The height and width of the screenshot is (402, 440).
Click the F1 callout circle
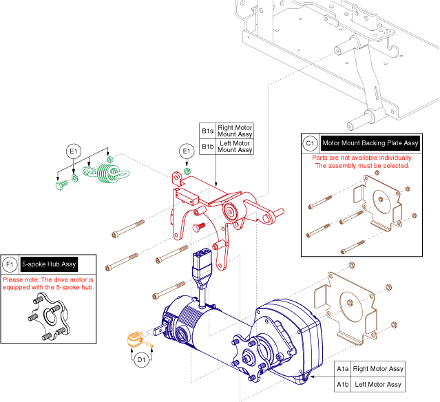point(10,264)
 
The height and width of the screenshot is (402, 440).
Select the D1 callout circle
point(141,359)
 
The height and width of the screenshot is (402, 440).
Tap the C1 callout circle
point(310,143)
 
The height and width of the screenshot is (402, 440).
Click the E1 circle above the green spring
point(74,151)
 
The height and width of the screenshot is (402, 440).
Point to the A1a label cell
point(343,369)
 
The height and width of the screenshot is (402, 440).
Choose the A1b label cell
point(343,384)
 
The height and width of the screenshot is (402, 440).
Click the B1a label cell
point(208,131)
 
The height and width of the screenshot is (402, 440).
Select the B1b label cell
point(208,147)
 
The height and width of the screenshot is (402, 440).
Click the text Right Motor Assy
point(378,369)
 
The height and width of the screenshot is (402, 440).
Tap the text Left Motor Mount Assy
point(235,147)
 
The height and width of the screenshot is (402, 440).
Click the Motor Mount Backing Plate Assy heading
point(370,143)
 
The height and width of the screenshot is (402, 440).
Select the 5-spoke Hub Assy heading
point(49,264)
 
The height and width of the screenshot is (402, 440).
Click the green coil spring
point(107,173)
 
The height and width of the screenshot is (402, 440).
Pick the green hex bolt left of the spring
point(61,185)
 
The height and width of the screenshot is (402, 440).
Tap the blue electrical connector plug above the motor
point(201,269)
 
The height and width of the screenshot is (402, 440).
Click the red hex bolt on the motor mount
point(199,227)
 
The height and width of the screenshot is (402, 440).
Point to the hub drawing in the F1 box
point(50,317)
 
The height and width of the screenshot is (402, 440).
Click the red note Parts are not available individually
point(362,158)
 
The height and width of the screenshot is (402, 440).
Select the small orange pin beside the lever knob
point(149,344)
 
